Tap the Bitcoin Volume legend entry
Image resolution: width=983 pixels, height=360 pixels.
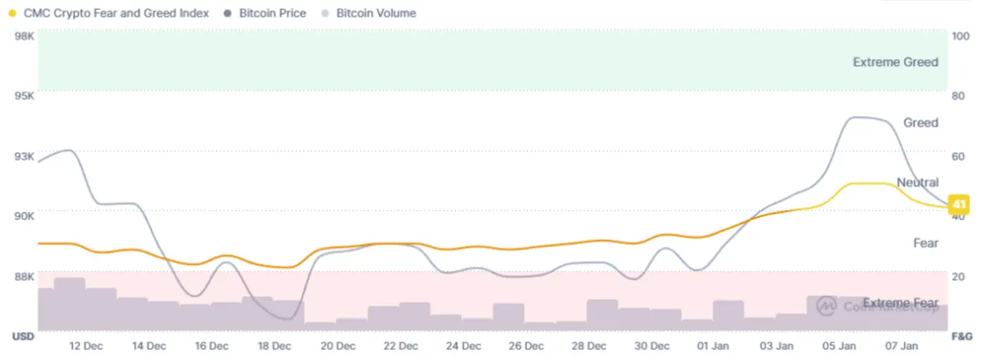376,13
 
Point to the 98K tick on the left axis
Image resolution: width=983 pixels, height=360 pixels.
25,36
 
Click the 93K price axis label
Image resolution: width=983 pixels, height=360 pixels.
25,156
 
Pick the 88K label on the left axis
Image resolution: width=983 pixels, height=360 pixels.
25,276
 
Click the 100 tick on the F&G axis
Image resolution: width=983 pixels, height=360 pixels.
961,36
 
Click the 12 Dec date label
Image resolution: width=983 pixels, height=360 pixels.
86,346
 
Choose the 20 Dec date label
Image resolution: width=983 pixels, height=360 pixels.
338,346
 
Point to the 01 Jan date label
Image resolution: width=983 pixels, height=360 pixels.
713,346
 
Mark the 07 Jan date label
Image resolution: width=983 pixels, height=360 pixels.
902,346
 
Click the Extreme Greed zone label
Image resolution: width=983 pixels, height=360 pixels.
895,62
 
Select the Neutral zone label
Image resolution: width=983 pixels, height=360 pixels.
918,182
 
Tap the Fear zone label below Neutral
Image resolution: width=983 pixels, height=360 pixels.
926,243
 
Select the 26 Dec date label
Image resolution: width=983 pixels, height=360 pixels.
526,346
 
